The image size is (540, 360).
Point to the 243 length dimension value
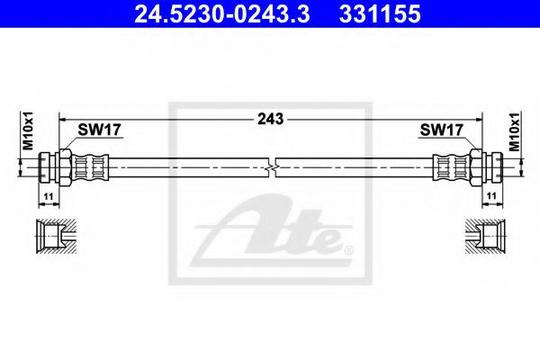point(270,118)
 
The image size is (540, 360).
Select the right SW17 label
point(441,130)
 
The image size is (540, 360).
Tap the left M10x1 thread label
point(27,130)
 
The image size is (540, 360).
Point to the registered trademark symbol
point(349,247)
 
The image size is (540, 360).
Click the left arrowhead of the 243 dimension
point(62,118)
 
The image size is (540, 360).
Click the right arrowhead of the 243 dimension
point(479,118)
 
